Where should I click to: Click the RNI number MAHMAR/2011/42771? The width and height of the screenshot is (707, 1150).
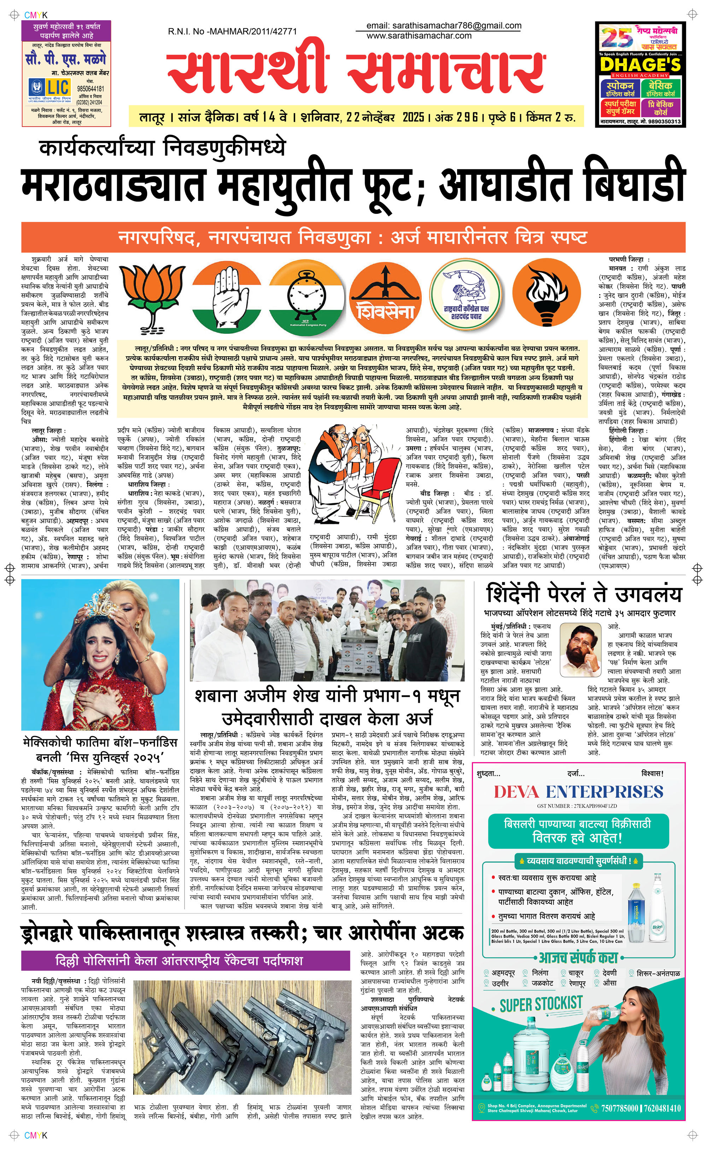232,32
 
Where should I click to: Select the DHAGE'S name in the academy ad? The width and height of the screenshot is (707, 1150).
640,64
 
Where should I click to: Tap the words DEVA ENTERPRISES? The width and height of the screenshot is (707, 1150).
578,792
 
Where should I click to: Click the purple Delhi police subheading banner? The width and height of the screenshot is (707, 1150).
185,961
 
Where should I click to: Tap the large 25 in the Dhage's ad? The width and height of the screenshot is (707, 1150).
617,37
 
